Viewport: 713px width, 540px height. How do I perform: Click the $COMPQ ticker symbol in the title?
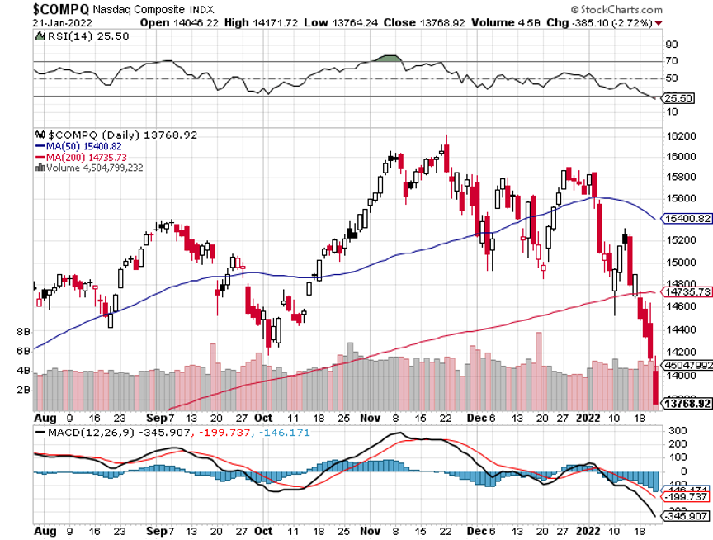(x=62, y=8)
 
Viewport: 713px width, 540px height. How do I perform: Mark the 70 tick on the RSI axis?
(x=672, y=61)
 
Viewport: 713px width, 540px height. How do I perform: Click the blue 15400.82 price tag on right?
(x=687, y=219)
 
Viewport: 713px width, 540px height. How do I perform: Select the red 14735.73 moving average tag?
(x=687, y=291)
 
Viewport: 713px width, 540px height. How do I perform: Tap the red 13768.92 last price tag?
(x=687, y=403)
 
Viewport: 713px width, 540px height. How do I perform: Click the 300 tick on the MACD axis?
(x=677, y=430)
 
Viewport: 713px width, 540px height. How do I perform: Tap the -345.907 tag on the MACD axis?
(x=687, y=516)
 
